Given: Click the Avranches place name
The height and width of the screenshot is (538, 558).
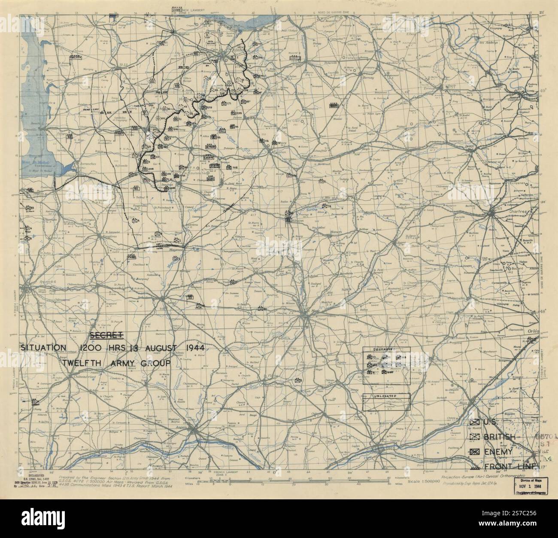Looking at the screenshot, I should [x=83, y=164].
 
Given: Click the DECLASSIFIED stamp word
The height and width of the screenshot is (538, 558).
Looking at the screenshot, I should [x=31, y=476].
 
